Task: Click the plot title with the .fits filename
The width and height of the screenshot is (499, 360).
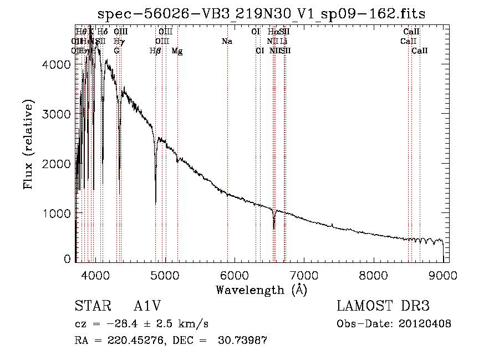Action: click(261, 14)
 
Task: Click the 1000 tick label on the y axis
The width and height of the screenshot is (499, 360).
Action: click(58, 214)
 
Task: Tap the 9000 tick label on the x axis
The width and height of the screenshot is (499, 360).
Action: click(443, 275)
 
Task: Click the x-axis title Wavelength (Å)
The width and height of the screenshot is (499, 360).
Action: click(261, 290)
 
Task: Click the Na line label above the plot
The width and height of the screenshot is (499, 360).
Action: click(227, 42)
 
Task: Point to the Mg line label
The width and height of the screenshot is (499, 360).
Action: click(177, 51)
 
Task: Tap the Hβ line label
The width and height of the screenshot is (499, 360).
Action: click(155, 51)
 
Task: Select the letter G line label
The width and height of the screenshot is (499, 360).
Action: click(116, 51)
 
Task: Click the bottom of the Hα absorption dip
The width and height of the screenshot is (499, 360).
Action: click(274, 227)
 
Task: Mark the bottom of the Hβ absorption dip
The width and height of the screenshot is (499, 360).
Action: click(155, 202)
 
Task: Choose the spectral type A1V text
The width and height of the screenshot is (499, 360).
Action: click(146, 306)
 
